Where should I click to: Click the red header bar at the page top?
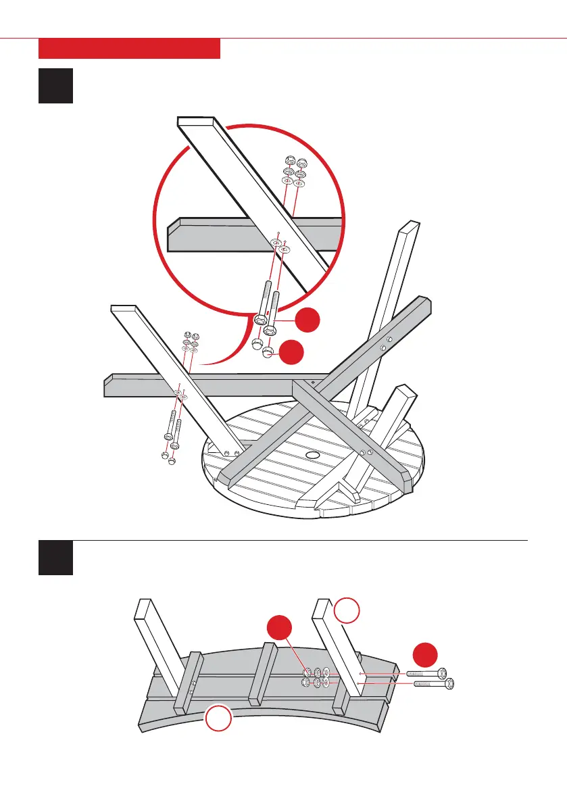[129, 49]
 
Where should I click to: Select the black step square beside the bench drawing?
[55, 558]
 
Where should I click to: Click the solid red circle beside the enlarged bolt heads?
[308, 320]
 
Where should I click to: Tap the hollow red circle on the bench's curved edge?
[218, 718]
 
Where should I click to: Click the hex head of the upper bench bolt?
[441, 673]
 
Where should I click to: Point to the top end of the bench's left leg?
[143, 608]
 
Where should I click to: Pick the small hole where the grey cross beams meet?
[313, 382]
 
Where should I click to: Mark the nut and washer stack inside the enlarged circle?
[294, 172]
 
